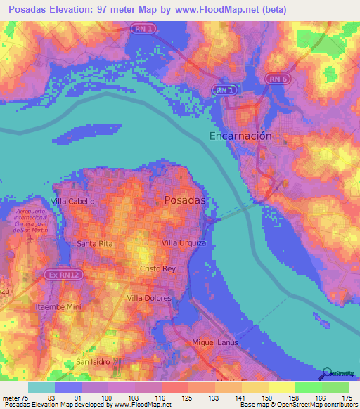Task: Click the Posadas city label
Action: coord(184,200)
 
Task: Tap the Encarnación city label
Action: coord(240,136)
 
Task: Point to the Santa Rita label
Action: coord(95,243)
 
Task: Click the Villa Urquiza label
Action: coord(184,242)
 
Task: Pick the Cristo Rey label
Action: coord(157,269)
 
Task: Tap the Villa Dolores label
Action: coord(148,299)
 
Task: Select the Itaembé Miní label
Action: coord(59,307)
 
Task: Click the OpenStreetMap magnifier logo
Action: coord(326,373)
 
